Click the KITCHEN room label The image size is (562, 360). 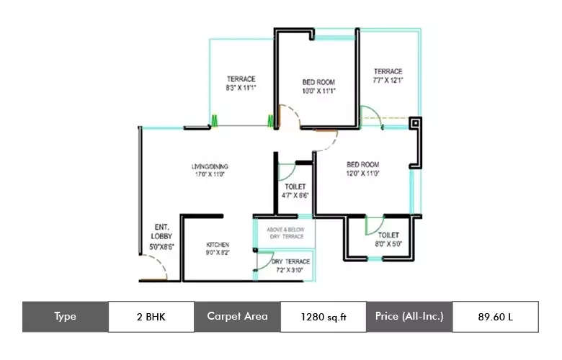(217, 245)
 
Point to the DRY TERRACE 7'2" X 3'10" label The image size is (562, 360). (291, 265)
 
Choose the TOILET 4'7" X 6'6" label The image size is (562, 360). (296, 191)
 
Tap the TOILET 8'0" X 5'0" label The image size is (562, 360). (388, 239)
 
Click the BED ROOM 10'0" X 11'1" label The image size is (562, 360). (318, 86)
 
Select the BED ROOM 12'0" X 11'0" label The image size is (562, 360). (362, 168)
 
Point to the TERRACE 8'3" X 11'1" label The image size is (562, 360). (241, 83)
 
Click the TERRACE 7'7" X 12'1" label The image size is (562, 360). (388, 75)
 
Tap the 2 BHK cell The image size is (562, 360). (151, 316)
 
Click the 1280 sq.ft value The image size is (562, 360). (323, 316)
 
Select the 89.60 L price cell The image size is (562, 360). (495, 316)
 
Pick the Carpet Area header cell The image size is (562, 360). (237, 316)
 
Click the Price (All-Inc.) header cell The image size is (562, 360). (409, 316)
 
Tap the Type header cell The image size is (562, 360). (65, 316)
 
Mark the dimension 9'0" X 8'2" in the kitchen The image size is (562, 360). (217, 253)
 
